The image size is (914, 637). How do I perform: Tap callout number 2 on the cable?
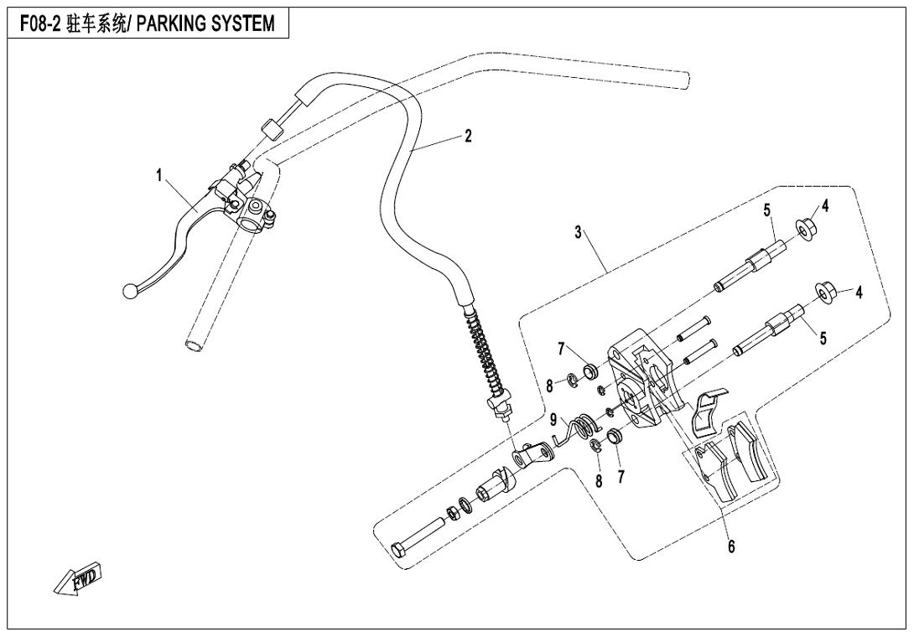pyautogui.click(x=468, y=137)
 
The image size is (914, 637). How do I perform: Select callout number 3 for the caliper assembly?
pyautogui.click(x=578, y=232)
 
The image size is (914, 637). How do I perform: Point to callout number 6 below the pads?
pyautogui.click(x=731, y=546)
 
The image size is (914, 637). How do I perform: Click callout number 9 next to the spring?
pyautogui.click(x=553, y=418)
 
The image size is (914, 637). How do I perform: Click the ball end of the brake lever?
pyautogui.click(x=129, y=291)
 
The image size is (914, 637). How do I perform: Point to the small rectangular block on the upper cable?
pyautogui.click(x=271, y=130)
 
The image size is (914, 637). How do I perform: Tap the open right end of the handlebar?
pyautogui.click(x=685, y=79)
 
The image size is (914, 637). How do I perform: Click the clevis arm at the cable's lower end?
pyautogui.click(x=532, y=457)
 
